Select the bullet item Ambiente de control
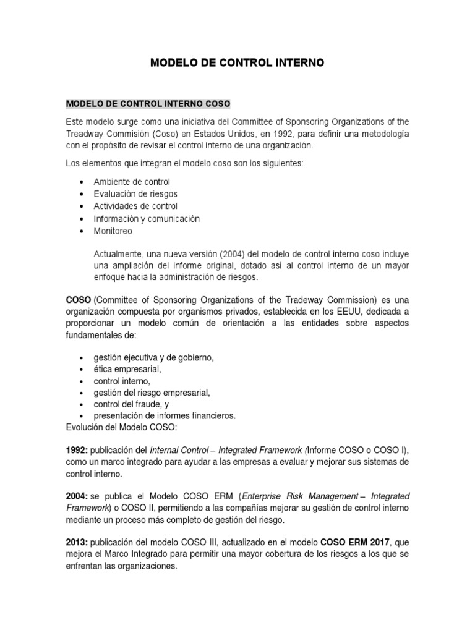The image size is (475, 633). click(132, 182)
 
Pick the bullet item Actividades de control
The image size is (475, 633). click(135, 206)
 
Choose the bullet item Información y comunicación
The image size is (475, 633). click(147, 219)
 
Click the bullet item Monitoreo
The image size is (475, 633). click(113, 231)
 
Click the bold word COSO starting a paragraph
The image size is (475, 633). click(79, 300)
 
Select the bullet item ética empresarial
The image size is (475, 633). click(127, 369)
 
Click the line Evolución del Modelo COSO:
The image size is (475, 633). click(118, 427)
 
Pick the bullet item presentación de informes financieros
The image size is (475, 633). click(165, 415)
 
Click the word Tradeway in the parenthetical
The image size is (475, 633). click(314, 300)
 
